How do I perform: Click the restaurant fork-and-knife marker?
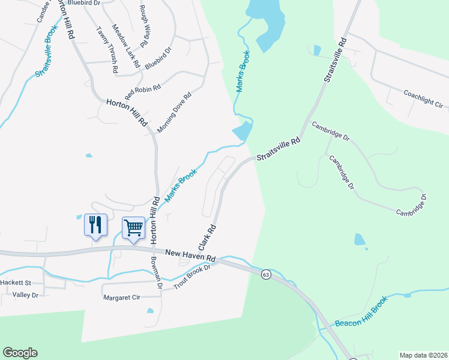[95, 225]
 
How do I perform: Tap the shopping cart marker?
[133, 227]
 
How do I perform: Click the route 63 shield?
[266, 274]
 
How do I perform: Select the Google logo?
[20, 353]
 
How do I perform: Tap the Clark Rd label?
[207, 238]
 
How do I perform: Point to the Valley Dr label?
[25, 295]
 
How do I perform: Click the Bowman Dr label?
[157, 274]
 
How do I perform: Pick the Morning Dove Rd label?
[174, 112]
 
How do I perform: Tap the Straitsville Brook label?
[47, 51]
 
